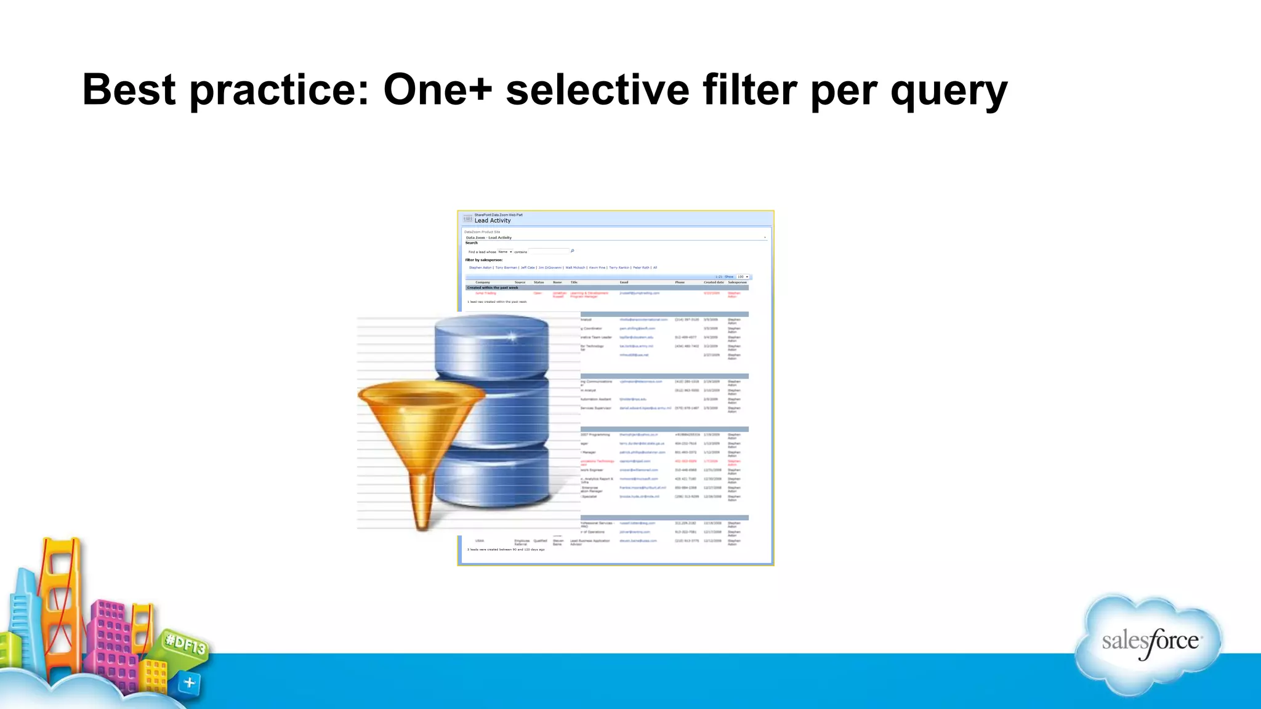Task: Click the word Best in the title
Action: click(x=129, y=90)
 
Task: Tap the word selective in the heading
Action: click(x=597, y=90)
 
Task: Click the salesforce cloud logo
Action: click(x=1149, y=643)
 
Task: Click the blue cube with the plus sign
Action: click(x=189, y=683)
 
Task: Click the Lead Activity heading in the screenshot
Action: click(x=492, y=220)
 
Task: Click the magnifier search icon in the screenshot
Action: click(x=572, y=251)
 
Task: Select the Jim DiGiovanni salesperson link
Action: click(x=550, y=268)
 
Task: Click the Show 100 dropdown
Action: click(x=743, y=277)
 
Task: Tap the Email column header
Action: click(x=624, y=282)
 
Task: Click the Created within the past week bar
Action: click(x=493, y=287)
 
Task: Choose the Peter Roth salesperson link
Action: click(x=641, y=268)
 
